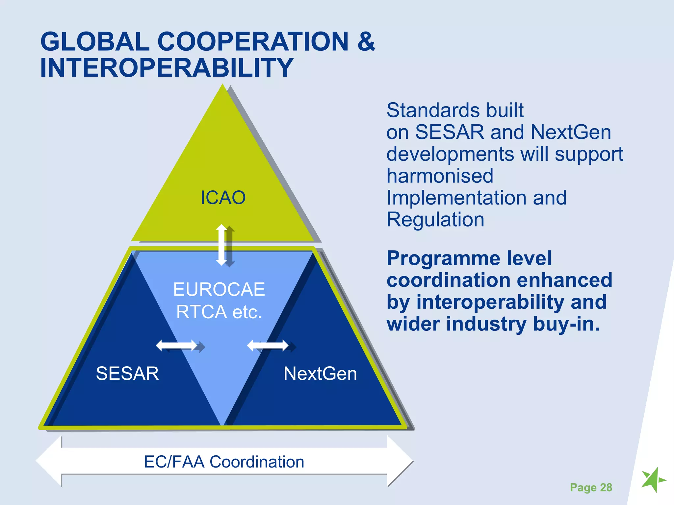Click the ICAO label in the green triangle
(x=223, y=198)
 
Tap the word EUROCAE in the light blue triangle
(x=219, y=290)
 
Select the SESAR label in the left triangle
(x=127, y=373)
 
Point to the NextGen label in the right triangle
(x=320, y=374)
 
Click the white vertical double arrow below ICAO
(x=221, y=245)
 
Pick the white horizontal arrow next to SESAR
(x=176, y=346)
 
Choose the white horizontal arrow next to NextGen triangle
(x=268, y=346)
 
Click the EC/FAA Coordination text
(x=224, y=462)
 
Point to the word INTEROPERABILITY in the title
(x=166, y=68)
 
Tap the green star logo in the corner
(x=653, y=480)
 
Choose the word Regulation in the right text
(x=435, y=220)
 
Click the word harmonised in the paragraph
(x=440, y=176)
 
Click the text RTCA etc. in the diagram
(x=219, y=312)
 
